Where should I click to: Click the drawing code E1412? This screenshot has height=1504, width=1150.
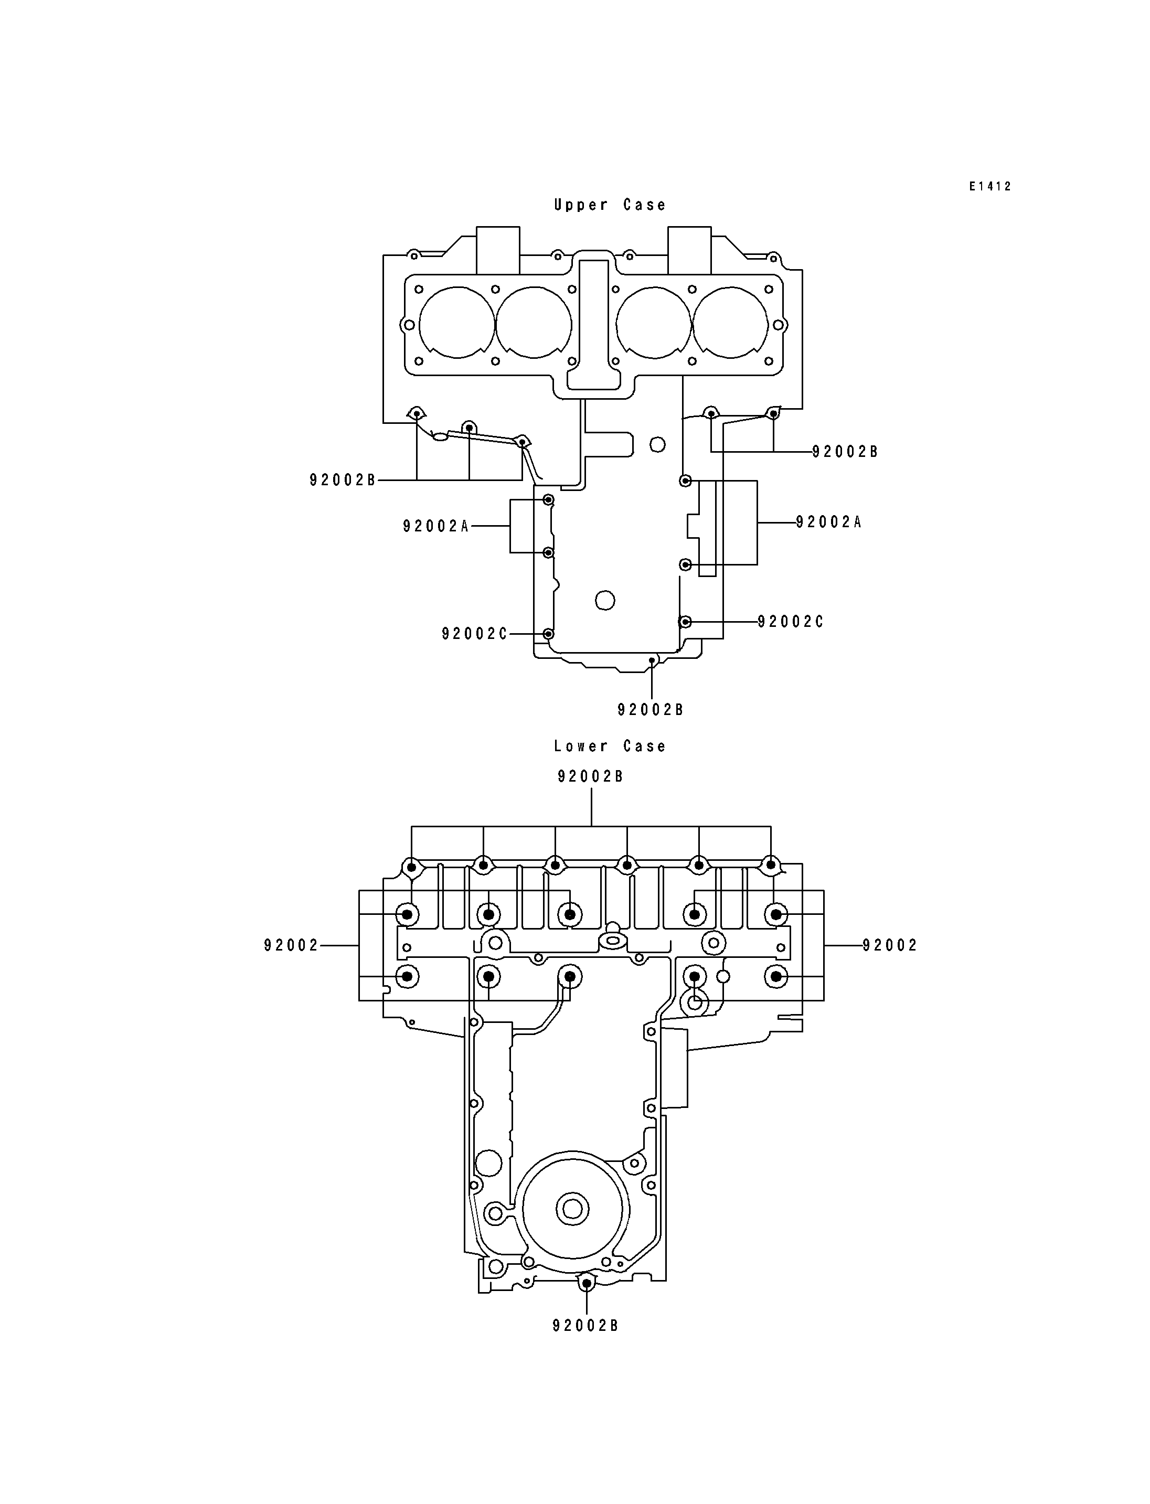coord(990,186)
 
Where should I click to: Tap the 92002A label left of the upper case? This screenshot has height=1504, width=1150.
coord(436,526)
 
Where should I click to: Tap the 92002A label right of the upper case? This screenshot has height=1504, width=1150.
coord(829,522)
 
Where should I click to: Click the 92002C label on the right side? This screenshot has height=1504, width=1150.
coord(791,622)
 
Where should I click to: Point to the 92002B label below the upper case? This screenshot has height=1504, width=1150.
coord(651,710)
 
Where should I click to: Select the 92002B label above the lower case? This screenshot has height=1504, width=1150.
coord(591,776)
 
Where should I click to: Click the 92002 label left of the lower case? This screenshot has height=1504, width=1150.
coord(292,945)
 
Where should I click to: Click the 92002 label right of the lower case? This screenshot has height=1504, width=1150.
coord(890,945)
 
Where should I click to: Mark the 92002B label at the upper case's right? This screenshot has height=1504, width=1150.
coord(845,452)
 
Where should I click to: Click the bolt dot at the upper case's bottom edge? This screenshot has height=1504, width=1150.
coord(652,660)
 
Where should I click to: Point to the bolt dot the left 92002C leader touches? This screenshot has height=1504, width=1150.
coord(548,634)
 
